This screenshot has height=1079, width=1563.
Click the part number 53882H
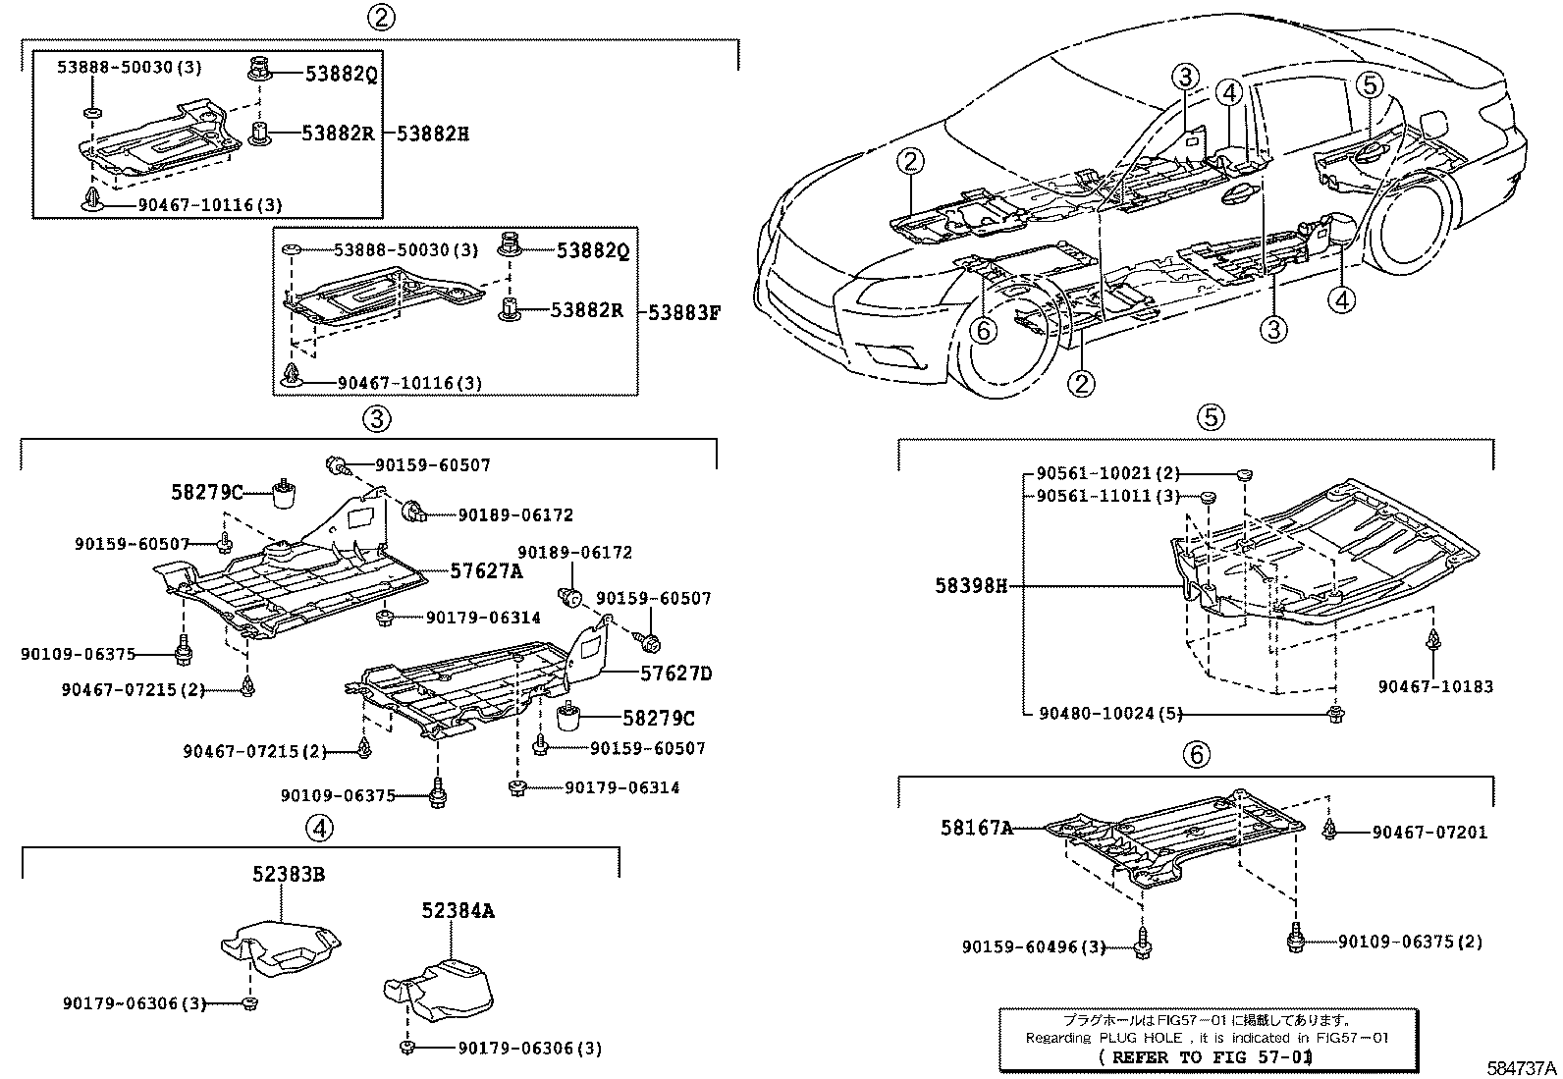click(433, 134)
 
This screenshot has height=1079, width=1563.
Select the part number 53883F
click(684, 313)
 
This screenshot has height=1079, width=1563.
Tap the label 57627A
click(487, 570)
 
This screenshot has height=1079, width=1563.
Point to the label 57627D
click(675, 674)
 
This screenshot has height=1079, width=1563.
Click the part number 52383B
click(288, 872)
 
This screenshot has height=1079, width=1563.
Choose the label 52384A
click(458, 911)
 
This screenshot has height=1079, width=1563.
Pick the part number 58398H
click(971, 586)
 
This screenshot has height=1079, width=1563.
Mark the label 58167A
click(976, 828)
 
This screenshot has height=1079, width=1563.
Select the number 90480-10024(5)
click(1109, 713)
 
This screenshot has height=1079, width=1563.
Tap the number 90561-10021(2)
click(1108, 473)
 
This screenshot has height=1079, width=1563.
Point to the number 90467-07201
click(1429, 833)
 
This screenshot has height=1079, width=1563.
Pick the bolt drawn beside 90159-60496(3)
click(1143, 945)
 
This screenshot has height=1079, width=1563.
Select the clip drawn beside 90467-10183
click(1433, 643)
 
